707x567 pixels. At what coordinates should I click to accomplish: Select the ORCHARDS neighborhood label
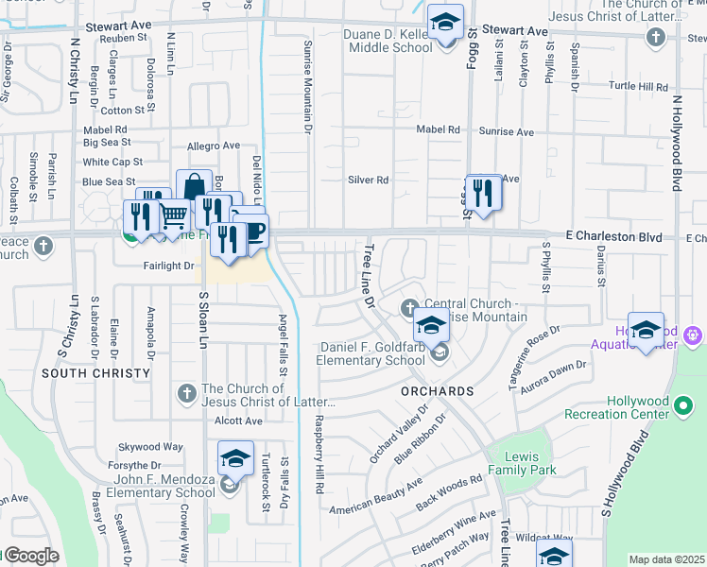(x=436, y=391)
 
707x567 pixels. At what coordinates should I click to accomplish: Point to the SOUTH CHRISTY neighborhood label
(x=95, y=373)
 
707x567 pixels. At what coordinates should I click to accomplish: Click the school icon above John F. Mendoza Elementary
(x=235, y=459)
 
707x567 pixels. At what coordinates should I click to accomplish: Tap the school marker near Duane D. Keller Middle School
(x=443, y=22)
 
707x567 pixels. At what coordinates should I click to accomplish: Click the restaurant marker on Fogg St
(x=483, y=193)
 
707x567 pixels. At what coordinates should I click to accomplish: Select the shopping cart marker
(x=172, y=218)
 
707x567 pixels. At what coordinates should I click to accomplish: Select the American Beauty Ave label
(x=375, y=497)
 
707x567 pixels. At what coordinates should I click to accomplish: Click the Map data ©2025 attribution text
(x=666, y=559)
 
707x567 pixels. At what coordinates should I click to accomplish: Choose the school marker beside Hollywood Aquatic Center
(x=646, y=331)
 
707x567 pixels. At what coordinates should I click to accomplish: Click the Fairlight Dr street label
(x=168, y=266)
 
